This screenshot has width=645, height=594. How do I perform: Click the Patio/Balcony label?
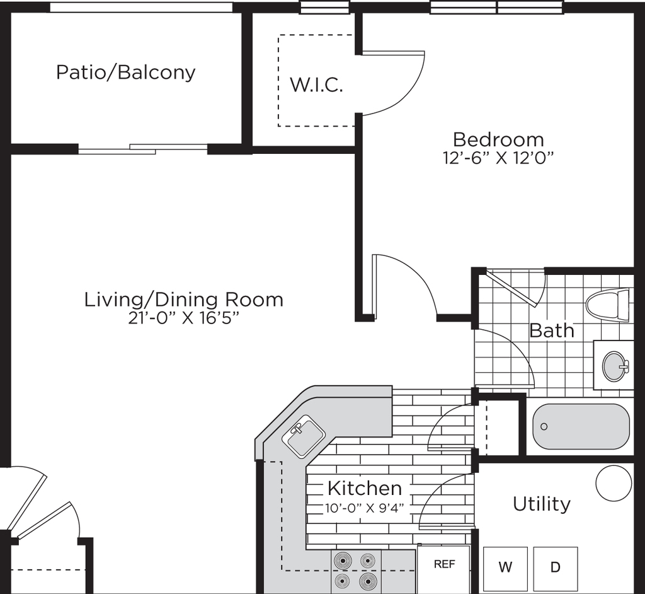125,73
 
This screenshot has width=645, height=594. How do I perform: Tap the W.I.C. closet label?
316,85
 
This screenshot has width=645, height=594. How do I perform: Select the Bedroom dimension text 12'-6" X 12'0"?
499,158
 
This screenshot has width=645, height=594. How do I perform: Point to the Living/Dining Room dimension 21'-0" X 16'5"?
183,318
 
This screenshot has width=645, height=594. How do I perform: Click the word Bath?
552,330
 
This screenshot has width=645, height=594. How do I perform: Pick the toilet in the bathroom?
607,304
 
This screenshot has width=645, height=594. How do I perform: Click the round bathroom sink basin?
615,365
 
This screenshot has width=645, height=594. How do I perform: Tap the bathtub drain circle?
544,426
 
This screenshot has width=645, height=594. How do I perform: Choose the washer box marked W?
505,568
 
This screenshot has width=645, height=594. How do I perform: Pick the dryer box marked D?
556,568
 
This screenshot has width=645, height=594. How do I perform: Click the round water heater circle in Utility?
614,484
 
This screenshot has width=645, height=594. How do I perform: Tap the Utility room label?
542,504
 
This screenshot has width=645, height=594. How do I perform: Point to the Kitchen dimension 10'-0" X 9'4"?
365,508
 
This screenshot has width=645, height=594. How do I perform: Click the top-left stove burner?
343,561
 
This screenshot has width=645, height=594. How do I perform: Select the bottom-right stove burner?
367,581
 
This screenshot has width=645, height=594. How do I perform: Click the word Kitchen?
365,489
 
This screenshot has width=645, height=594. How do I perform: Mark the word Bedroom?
499,139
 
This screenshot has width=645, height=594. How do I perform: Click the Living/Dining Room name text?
183,300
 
